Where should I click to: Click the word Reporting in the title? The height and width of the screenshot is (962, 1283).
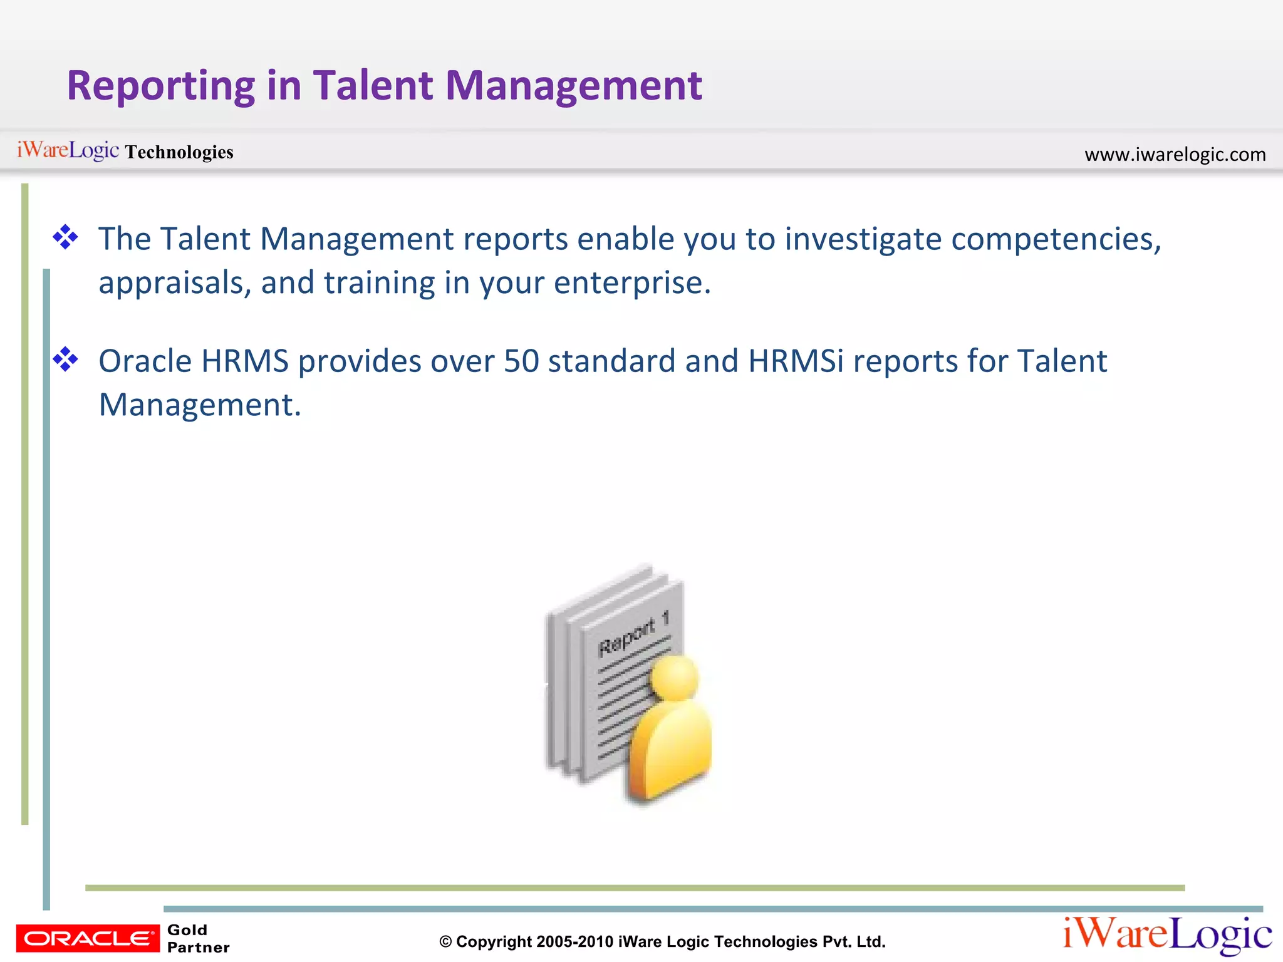point(160,86)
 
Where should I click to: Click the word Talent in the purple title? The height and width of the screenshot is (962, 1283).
point(373,85)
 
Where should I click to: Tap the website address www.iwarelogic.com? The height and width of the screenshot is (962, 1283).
point(1175,154)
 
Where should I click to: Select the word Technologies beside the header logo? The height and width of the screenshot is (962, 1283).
point(179,152)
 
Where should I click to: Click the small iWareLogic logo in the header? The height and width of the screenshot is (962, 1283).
point(68,150)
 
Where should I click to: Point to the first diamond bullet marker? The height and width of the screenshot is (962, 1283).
point(65,238)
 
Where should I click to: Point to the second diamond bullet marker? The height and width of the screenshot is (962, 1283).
point(65,360)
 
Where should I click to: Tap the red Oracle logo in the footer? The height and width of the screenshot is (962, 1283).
point(88,938)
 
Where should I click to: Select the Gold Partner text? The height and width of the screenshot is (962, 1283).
point(198,938)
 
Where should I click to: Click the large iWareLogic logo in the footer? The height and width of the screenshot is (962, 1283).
point(1166,935)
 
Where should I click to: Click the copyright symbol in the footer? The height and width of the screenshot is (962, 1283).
point(445,942)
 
